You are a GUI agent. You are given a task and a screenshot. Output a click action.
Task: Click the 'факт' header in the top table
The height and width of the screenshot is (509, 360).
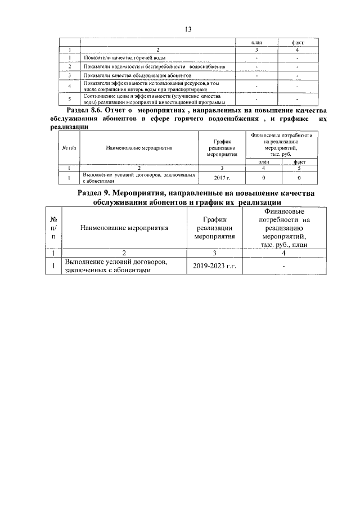pos(298,42)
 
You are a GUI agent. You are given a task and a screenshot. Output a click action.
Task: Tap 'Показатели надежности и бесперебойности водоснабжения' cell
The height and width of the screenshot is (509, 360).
pos(154,66)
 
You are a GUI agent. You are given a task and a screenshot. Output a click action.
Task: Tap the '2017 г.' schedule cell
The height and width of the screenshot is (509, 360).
pos(219,178)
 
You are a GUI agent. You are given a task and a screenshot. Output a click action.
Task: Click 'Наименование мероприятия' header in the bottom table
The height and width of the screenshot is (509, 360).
pos(124,228)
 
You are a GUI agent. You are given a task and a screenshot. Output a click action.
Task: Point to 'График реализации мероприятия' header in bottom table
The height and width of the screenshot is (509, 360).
pos(214,228)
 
